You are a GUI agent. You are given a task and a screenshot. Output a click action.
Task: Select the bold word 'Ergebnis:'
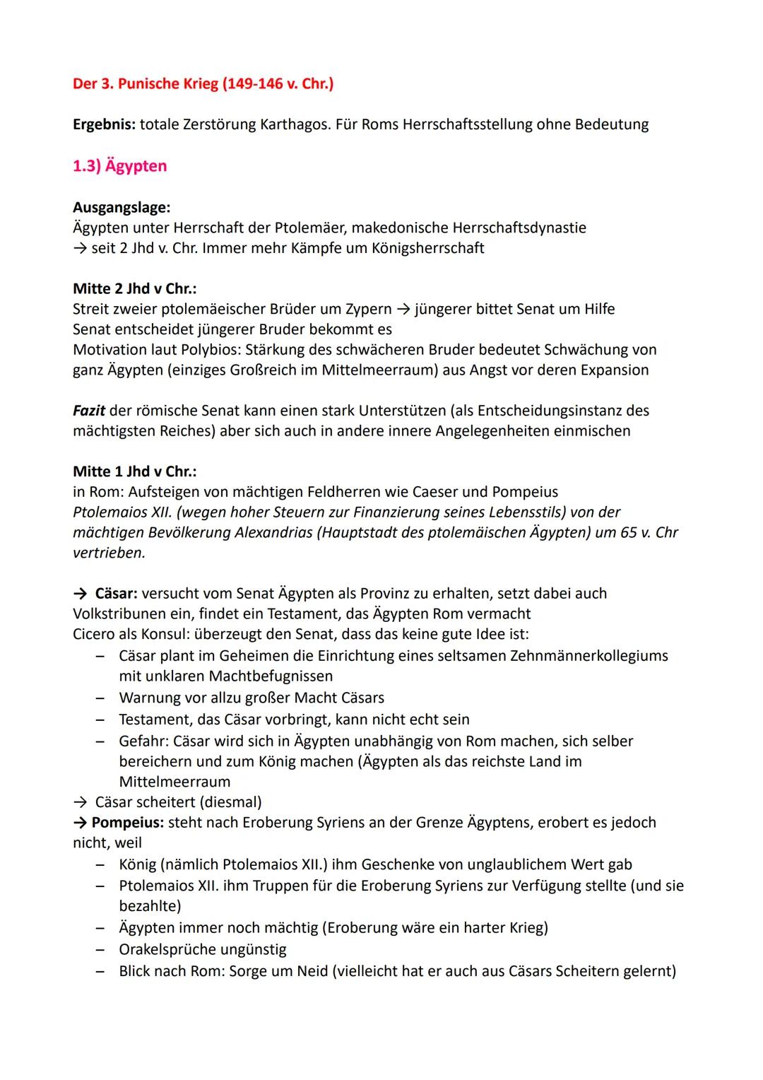[104, 124]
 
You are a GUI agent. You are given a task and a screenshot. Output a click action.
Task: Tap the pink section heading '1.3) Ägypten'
[120, 166]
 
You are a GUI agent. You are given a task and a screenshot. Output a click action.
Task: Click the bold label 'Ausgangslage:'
[122, 207]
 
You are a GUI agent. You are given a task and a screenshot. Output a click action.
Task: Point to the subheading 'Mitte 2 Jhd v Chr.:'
[134, 288]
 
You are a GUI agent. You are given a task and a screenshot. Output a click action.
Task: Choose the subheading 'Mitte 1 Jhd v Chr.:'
[134, 471]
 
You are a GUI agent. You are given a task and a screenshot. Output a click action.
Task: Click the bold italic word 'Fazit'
[89, 411]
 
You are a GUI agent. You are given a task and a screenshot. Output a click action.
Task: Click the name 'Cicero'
[94, 634]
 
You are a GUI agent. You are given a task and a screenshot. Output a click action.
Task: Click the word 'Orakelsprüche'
[167, 949]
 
